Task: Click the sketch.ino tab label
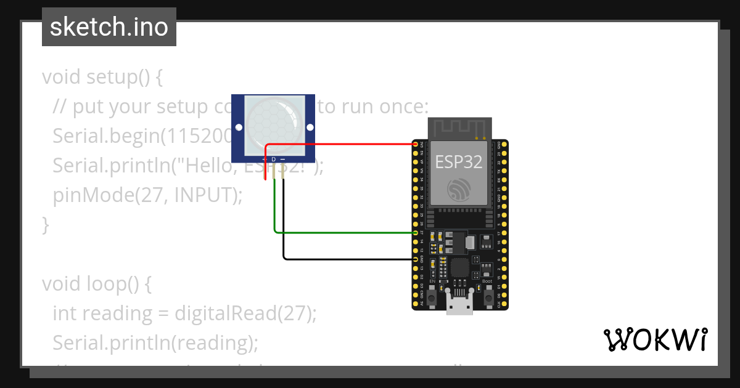coord(109,27)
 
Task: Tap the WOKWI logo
coord(654,339)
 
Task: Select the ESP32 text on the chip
coord(459,161)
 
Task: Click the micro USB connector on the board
coord(459,304)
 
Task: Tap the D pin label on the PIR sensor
coord(274,159)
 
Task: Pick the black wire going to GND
coord(345,259)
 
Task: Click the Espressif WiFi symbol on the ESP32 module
coord(459,190)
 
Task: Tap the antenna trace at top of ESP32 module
coord(459,128)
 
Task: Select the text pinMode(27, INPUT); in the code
coord(148,195)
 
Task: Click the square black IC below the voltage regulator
coord(459,267)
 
